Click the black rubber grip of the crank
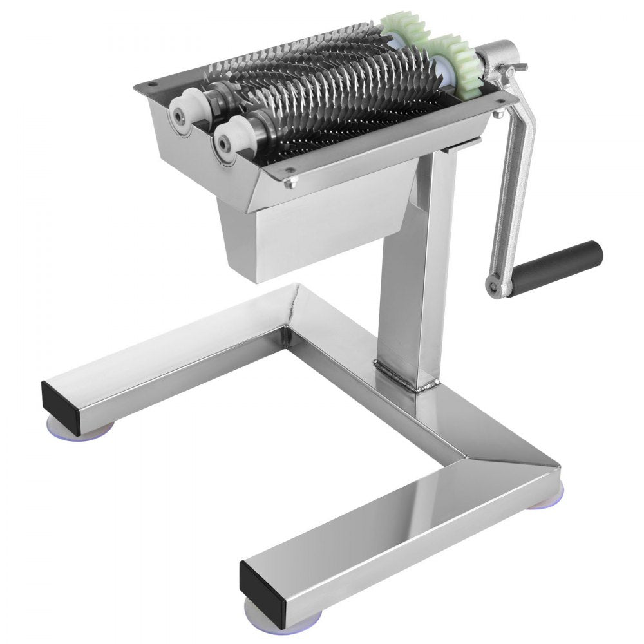(x=567, y=261)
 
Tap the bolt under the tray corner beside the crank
(x=497, y=115)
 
